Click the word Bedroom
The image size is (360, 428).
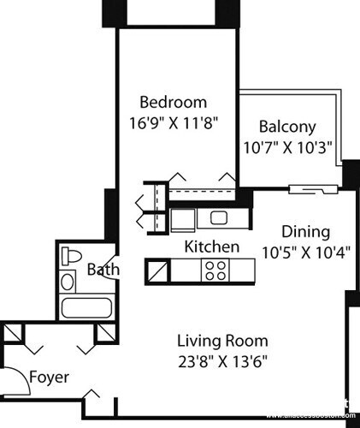[174, 103]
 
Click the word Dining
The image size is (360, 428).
[305, 232]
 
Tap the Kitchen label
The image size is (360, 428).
[211, 247]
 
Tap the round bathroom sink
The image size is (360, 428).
[68, 281]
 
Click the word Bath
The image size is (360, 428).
[103, 270]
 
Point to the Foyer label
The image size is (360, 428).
[49, 377]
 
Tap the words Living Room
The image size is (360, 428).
[222, 339]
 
